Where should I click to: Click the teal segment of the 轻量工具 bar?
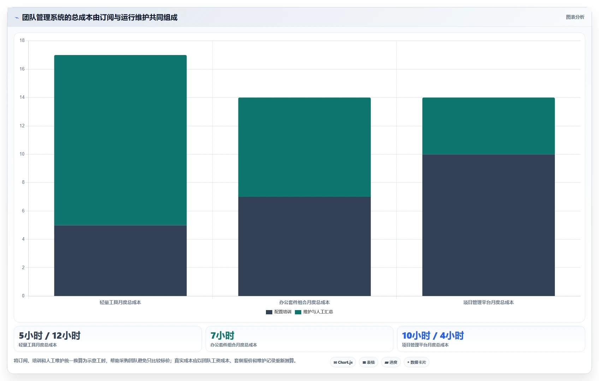120,140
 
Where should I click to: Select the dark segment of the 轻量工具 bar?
120,260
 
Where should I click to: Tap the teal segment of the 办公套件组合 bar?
304,147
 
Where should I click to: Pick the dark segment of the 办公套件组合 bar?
304,246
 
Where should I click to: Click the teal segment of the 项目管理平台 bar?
488,126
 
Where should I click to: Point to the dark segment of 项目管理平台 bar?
488,225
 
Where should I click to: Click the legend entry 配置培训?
279,312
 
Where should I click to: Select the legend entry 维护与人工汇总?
314,312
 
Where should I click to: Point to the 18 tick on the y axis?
22,40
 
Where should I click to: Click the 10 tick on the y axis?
22,154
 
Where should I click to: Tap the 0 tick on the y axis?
23,296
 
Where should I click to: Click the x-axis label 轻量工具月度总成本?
120,302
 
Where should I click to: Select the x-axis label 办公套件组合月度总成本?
304,302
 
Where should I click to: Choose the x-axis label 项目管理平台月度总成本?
488,302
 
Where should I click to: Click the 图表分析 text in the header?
575,17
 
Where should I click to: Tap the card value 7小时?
222,335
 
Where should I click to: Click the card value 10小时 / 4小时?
433,335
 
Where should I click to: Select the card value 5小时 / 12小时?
49,335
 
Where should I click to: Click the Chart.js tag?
343,362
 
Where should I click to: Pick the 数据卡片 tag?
416,362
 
